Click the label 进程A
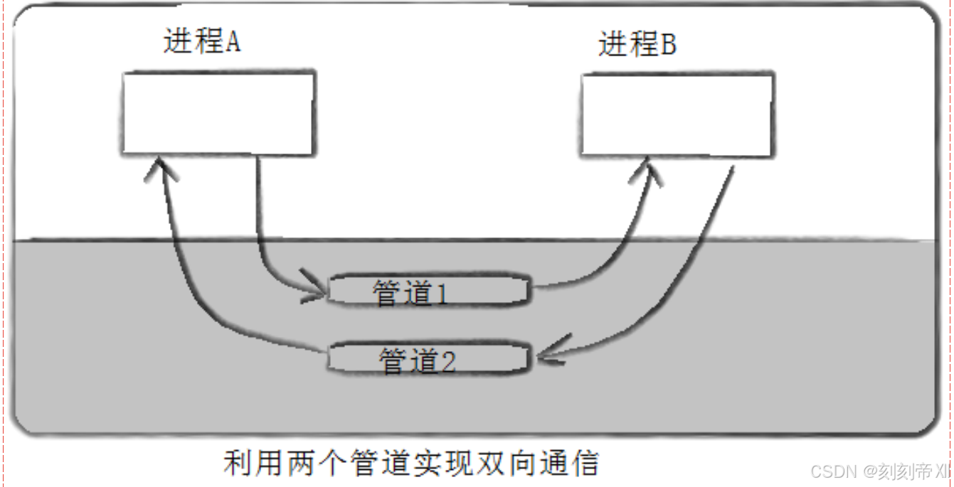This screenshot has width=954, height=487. [x=202, y=42]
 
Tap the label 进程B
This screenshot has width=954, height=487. [x=637, y=45]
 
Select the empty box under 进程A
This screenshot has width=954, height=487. [x=218, y=113]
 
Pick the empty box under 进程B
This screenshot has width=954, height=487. [x=677, y=115]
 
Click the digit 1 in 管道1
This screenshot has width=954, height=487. [x=442, y=293]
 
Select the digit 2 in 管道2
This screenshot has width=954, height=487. [x=447, y=362]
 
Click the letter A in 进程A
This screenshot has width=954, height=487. [x=233, y=43]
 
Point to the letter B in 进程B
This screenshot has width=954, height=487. [x=668, y=46]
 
